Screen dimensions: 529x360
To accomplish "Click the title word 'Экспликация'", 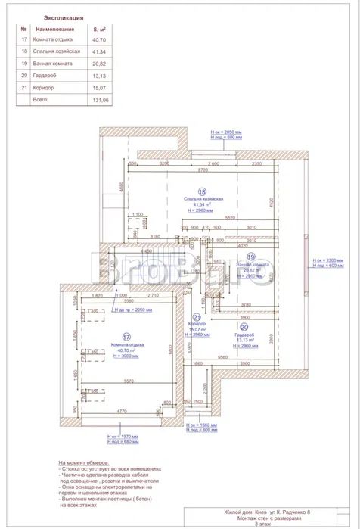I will point(64,16).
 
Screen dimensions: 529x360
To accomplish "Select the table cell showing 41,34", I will point(98,51).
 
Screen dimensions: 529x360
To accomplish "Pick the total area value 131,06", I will point(100,99).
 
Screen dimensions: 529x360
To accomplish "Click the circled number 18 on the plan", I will point(202,191).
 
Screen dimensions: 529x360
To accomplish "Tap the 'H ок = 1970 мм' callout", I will point(122,436).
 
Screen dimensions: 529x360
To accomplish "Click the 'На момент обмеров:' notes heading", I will point(83,462).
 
